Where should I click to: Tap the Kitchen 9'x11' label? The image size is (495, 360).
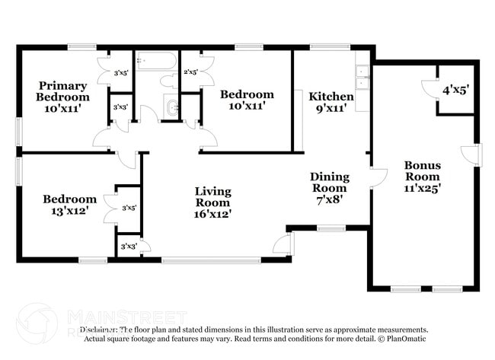331,102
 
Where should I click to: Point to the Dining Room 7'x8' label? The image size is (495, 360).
330,187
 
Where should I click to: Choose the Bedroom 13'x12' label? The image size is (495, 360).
69,204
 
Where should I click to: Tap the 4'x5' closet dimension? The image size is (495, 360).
455,89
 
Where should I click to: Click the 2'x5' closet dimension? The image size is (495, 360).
190,73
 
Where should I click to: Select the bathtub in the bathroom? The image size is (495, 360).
155,62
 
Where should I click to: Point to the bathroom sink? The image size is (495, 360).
171,108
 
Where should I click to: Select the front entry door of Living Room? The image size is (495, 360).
283,245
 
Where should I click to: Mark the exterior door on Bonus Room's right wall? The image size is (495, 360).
474,155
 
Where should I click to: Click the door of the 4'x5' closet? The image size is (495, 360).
430,88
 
